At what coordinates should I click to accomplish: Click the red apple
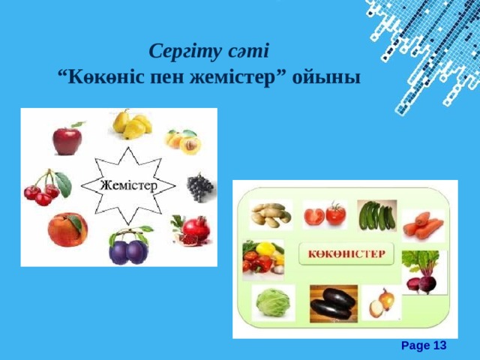pos(66,139)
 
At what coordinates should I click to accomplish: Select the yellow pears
pos(130,124)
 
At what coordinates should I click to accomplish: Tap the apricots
pos(183,141)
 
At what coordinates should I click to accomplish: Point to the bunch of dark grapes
pos(199,187)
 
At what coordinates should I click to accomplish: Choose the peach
pos(67,229)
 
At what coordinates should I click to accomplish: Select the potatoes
pos(268,215)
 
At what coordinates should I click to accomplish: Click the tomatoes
pos(324,215)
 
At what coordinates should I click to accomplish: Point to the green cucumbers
pos(376,216)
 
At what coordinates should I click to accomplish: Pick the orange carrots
pos(424,223)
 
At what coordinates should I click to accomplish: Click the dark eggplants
pos(333,304)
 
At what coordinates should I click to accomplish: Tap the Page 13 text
pos(424,345)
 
